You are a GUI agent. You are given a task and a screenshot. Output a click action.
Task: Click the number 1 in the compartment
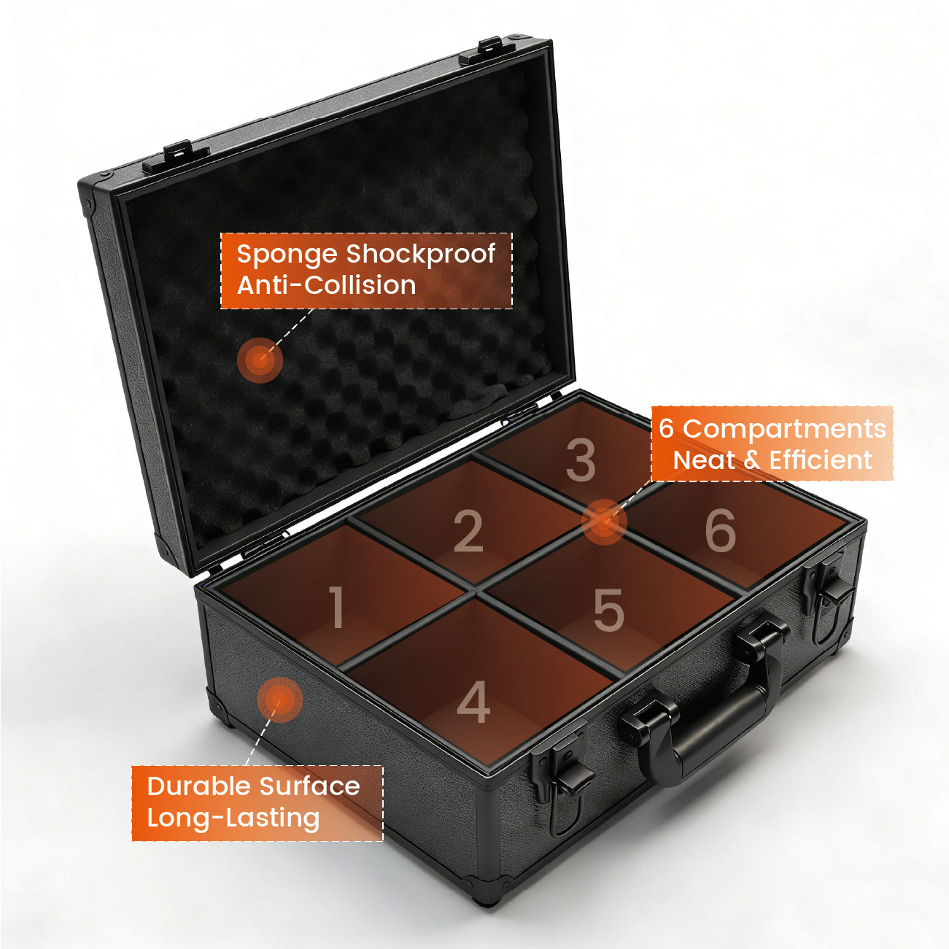point(338,607)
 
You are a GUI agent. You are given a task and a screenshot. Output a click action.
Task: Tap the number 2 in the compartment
point(468,531)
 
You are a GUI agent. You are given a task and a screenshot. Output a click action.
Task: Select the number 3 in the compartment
point(581,460)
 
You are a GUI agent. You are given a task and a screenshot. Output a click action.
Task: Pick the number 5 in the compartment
point(609,611)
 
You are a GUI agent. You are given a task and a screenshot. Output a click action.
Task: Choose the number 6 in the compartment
point(721,530)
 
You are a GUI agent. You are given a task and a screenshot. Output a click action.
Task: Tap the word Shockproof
point(421,255)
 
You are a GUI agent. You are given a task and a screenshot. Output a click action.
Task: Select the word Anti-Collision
point(327,285)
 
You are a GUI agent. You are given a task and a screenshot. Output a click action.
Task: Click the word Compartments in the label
point(785,430)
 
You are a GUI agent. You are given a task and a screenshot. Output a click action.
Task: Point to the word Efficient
point(821,460)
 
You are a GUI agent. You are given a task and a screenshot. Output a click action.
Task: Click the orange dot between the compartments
point(604,522)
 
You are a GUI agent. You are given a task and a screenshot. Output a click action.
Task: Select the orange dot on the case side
point(279,700)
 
